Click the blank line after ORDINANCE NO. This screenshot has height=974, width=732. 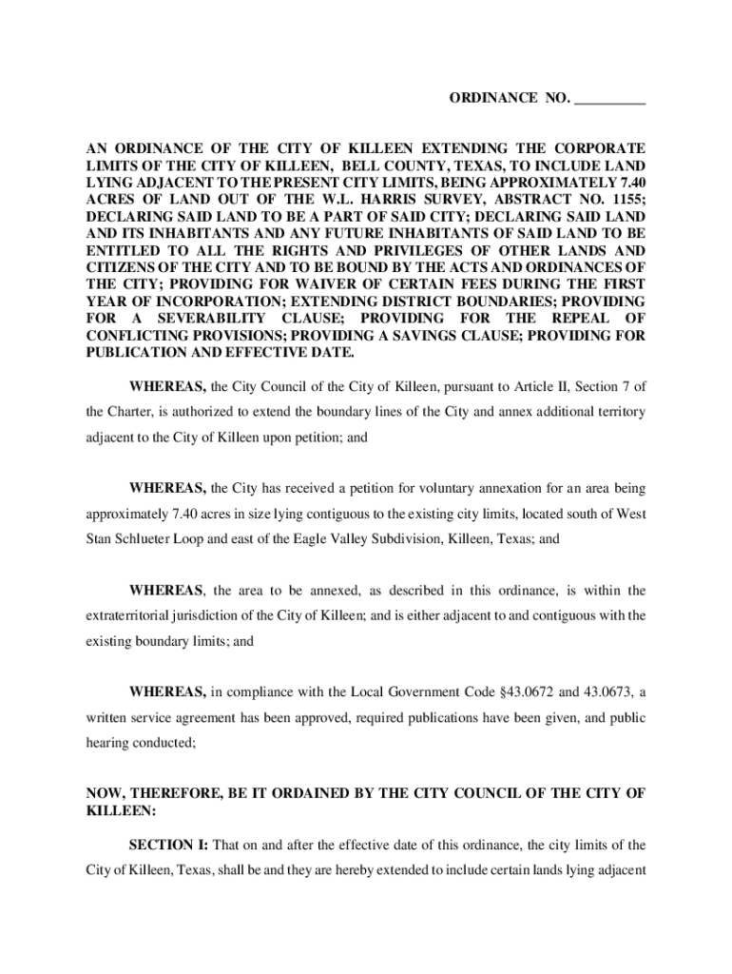[x=610, y=99]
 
